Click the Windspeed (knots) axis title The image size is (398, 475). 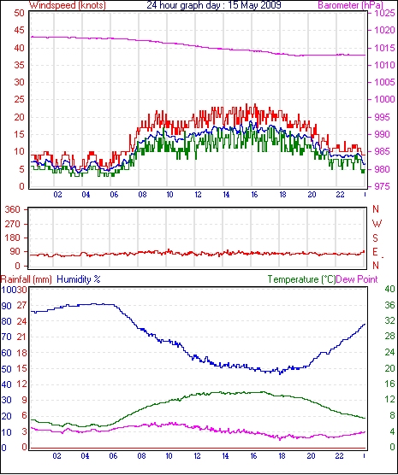[68, 5]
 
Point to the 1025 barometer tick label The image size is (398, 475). [384, 14]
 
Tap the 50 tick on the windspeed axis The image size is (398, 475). [19, 14]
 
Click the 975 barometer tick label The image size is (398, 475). [382, 186]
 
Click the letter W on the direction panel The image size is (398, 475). [377, 224]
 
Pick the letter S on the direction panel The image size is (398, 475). [376, 238]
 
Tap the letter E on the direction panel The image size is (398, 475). [376, 252]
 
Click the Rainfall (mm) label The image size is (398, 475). [27, 279]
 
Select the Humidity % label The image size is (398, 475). [79, 279]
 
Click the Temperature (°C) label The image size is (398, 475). [301, 279]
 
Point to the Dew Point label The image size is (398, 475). [357, 279]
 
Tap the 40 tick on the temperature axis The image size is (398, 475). [389, 289]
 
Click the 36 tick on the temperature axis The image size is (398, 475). [389, 305]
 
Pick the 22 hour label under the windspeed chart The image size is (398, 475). [340, 194]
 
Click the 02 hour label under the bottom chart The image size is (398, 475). [56, 455]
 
